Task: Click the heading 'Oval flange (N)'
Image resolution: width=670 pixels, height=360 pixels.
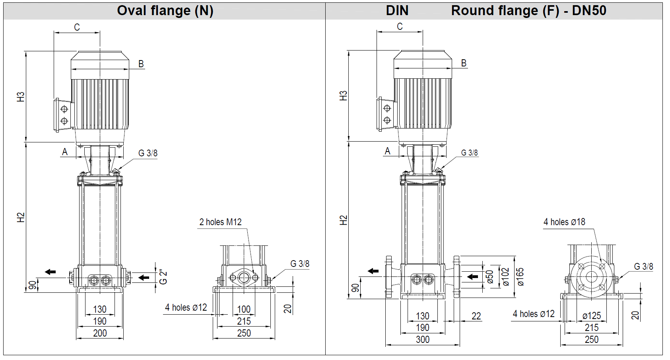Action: click(x=165, y=11)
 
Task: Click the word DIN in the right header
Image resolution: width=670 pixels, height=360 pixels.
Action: click(x=397, y=11)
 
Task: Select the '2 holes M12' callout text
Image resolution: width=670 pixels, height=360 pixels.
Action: click(x=220, y=222)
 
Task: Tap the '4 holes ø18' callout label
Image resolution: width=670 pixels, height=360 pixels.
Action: click(x=564, y=222)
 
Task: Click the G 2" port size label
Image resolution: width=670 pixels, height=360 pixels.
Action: click(x=163, y=277)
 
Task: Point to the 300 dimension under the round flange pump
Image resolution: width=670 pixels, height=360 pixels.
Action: click(x=422, y=339)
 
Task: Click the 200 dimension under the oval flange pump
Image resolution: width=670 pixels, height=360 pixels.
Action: click(x=100, y=333)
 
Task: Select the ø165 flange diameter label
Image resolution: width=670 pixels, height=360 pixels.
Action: click(x=520, y=277)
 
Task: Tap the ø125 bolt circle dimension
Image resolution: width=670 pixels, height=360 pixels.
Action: click(x=591, y=316)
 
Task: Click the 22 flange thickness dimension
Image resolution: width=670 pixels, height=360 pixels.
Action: click(x=476, y=316)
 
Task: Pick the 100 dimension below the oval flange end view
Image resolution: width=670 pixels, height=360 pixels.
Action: click(x=244, y=309)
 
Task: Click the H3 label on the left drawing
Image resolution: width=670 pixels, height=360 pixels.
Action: click(x=21, y=97)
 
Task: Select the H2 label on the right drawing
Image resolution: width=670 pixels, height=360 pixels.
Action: click(x=344, y=220)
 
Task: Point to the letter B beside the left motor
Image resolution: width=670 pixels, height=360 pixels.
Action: click(x=141, y=64)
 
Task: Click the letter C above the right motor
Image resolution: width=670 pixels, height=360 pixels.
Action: click(x=400, y=27)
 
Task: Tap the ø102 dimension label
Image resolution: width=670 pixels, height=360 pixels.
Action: click(x=505, y=277)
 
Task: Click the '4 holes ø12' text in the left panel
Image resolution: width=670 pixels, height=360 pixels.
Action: click(x=186, y=307)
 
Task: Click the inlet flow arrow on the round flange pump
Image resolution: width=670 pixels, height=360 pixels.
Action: click(x=472, y=276)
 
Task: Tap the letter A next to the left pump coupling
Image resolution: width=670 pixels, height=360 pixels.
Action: click(x=65, y=152)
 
